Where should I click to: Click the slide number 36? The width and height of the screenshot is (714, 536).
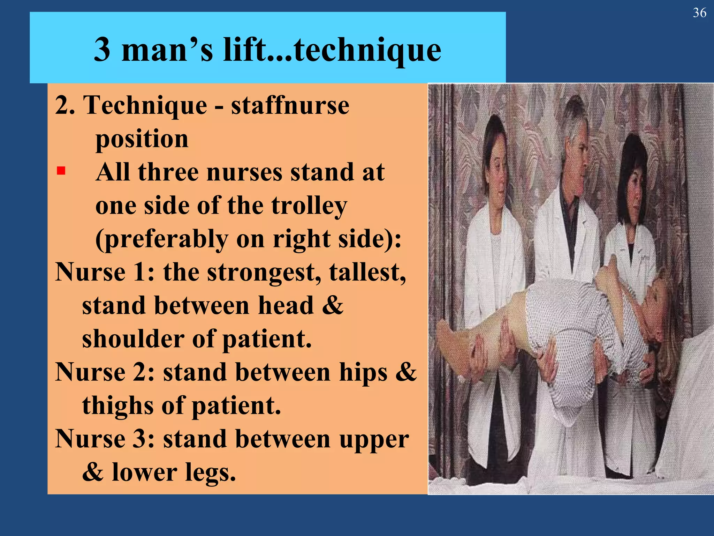699,13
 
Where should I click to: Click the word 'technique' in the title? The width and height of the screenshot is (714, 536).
367,51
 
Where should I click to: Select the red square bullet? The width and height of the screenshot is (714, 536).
61,171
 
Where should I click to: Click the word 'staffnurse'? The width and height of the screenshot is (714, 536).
290,105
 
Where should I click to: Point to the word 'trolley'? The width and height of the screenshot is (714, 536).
309,206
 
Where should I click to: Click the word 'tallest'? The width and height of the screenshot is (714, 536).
367,272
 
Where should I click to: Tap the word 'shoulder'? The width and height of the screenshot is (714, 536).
133,339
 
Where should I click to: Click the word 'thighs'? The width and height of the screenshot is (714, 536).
117,405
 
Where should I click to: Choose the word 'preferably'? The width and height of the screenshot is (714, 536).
162,239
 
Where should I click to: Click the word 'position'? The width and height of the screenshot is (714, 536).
142,139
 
